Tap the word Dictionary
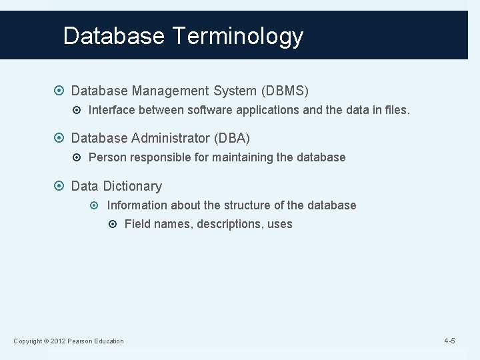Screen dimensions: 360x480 (132, 187)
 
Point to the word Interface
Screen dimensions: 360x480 (112, 109)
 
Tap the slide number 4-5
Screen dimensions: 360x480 (449, 341)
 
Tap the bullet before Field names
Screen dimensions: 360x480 (115, 224)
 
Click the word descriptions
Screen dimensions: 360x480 (227, 224)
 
